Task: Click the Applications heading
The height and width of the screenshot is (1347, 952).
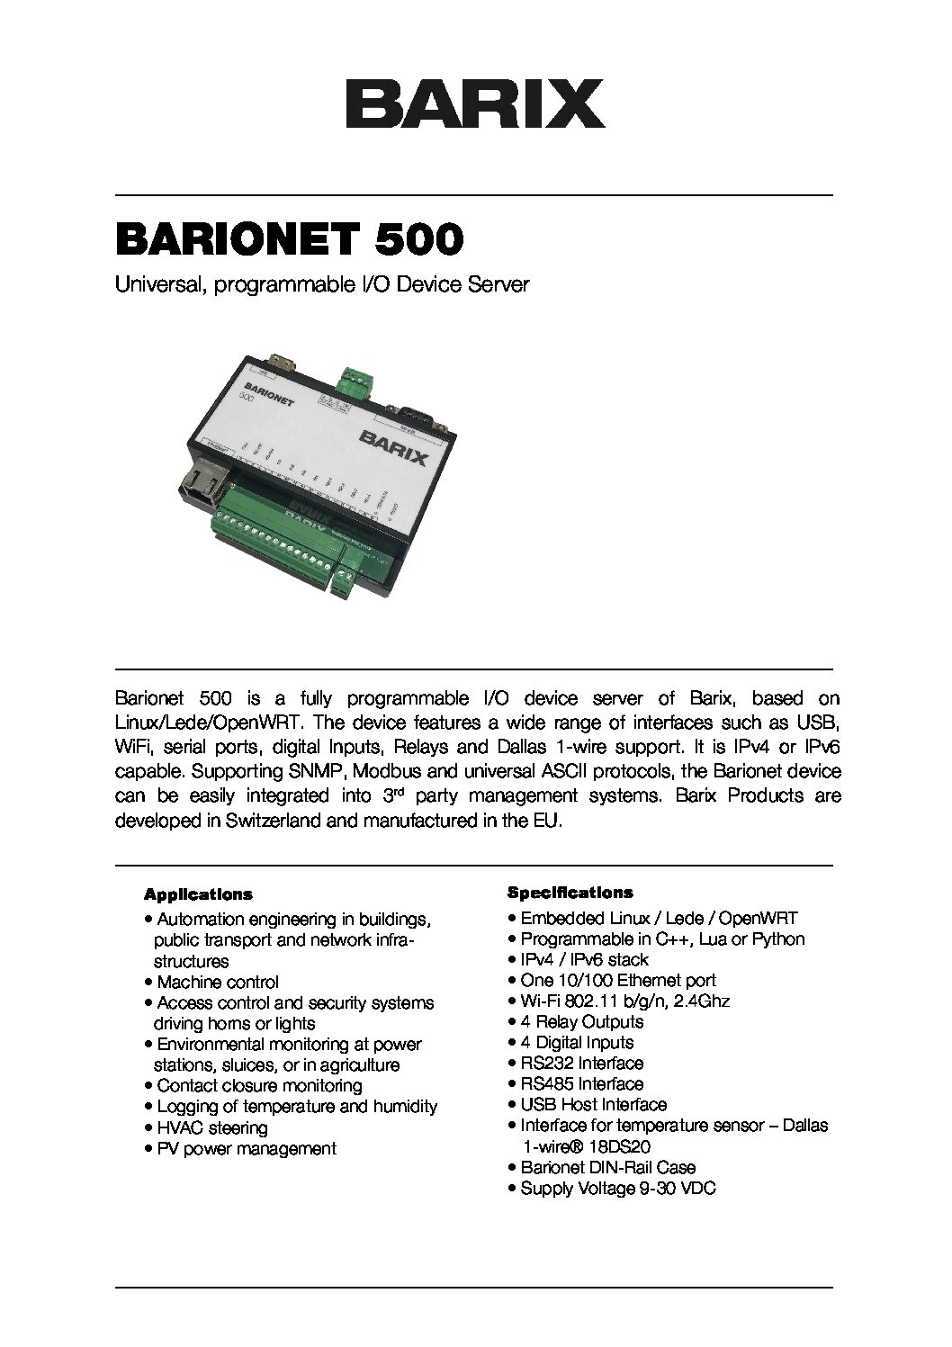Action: click(198, 895)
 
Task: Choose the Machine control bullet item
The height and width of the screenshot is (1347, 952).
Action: click(217, 983)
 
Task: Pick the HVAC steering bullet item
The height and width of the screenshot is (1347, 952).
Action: click(211, 1127)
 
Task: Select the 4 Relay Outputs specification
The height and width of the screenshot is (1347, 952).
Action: click(581, 1022)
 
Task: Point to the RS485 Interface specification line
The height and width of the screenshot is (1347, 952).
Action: click(581, 1084)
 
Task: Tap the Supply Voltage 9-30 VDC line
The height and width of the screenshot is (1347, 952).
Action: click(617, 1189)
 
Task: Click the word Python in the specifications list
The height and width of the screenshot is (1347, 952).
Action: click(777, 939)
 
